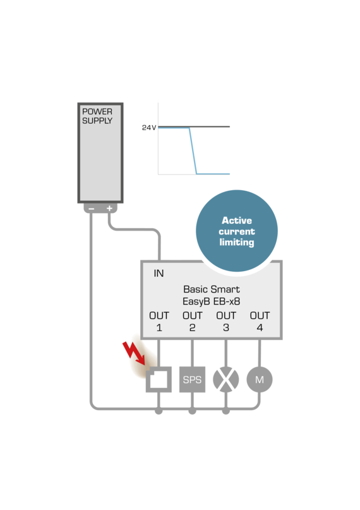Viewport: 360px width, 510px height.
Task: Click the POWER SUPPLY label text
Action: pyautogui.click(x=97, y=116)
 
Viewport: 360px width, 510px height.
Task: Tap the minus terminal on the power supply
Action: pyautogui.click(x=92, y=209)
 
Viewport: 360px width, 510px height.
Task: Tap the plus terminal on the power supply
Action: pyautogui.click(x=109, y=209)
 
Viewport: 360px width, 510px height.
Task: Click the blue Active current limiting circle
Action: pyautogui.click(x=237, y=231)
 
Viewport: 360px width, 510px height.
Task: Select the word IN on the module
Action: pyautogui.click(x=159, y=274)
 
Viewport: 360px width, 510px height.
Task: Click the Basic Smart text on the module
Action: pyautogui.click(x=211, y=289)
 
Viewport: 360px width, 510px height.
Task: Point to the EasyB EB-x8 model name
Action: pyautogui.click(x=211, y=301)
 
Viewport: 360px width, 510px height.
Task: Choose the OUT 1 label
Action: pyautogui.click(x=159, y=321)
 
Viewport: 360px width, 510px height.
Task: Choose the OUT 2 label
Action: pyautogui.click(x=193, y=321)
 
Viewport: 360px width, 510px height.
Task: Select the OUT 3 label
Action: pyautogui.click(x=226, y=321)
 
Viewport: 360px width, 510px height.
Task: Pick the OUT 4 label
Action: pyautogui.click(x=260, y=321)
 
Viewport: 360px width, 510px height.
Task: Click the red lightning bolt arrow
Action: pyautogui.click(x=134, y=355)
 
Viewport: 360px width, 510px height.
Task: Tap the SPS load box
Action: pyautogui.click(x=192, y=380)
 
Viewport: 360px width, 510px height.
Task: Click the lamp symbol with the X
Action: pyautogui.click(x=225, y=380)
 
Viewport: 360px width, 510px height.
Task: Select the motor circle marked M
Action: pyautogui.click(x=259, y=380)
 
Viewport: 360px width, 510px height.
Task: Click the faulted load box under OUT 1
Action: pyautogui.click(x=159, y=380)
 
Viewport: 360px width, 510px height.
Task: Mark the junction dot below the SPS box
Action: pyautogui.click(x=192, y=411)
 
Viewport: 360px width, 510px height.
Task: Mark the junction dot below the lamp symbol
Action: pyautogui.click(x=225, y=411)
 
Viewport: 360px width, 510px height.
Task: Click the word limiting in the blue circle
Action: pyautogui.click(x=237, y=243)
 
